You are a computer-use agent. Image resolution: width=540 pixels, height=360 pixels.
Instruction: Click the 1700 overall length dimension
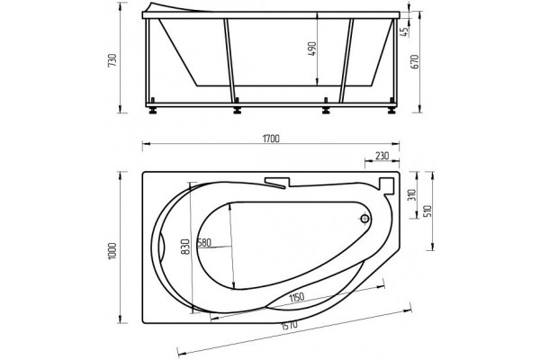[271, 139]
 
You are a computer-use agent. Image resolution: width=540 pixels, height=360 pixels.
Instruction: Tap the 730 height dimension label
[113, 60]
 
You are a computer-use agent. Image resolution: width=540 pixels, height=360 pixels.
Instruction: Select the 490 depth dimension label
[311, 49]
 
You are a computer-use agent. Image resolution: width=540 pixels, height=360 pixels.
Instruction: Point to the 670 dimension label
[415, 62]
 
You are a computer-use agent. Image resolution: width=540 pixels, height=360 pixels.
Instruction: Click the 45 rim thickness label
[404, 31]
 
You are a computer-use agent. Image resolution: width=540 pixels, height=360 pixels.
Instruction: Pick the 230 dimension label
[382, 156]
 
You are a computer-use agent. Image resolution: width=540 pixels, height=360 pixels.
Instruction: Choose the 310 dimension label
[412, 195]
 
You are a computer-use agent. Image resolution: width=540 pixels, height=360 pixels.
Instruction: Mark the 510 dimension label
[427, 212]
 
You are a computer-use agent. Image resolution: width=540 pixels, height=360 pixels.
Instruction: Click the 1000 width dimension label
[113, 251]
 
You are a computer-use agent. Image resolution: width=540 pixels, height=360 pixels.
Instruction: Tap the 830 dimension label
[185, 247]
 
